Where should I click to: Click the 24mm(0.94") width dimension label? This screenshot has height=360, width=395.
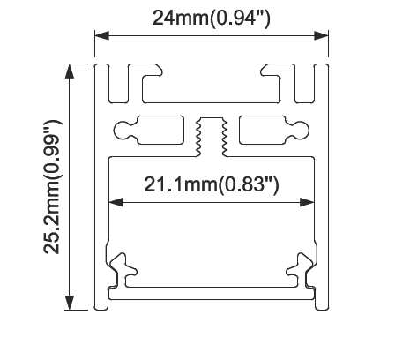tap(211, 19)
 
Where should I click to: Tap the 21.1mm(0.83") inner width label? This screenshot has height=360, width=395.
tap(211, 184)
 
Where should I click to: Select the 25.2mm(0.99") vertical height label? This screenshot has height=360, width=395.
tap(52, 186)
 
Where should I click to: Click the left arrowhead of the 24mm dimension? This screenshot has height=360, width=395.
tap(102, 36)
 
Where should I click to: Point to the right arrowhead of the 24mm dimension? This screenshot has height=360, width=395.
tap(321, 36)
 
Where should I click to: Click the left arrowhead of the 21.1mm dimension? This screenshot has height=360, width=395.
tap(116, 202)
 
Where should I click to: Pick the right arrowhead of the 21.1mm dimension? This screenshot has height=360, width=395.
tap(307, 202)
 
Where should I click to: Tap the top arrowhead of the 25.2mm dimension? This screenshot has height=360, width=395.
tap(70, 71)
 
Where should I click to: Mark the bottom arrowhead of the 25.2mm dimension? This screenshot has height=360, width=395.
tap(70, 303)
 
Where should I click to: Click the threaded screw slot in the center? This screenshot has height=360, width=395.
tap(212, 136)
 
